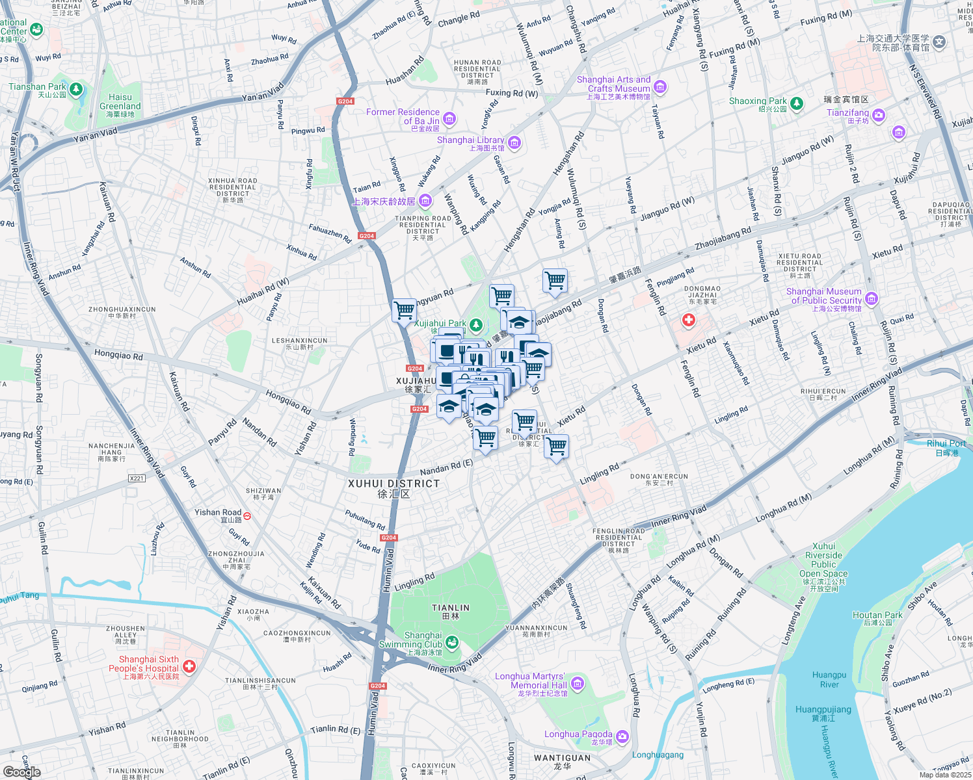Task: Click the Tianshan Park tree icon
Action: coord(76,88)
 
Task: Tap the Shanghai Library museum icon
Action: coord(514,142)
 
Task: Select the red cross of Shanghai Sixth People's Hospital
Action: coord(189,666)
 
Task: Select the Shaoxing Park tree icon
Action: coord(796,103)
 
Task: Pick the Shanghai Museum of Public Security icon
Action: coord(872,299)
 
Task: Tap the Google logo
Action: coord(21,772)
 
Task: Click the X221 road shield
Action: coord(137,478)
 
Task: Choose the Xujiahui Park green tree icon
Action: coord(476,324)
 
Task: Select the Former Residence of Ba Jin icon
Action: coord(449,119)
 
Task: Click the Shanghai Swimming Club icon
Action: coord(452,642)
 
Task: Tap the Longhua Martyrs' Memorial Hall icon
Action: coord(577,683)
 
